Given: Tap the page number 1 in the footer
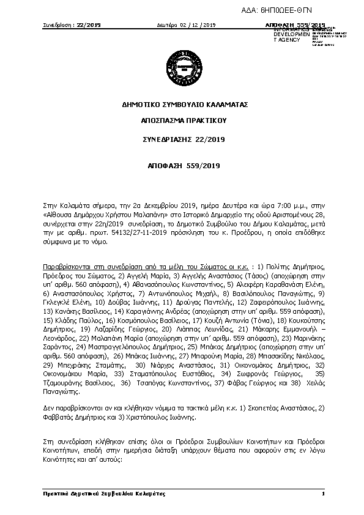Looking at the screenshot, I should coord(322,493).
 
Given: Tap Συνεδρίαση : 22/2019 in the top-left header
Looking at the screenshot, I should coord(72,24).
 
